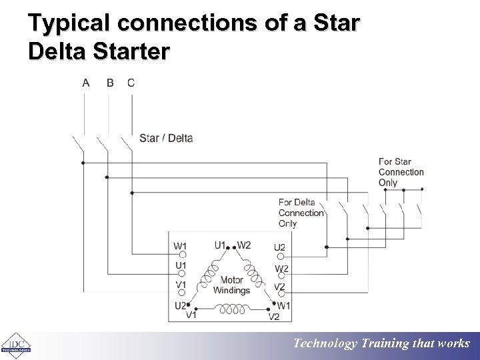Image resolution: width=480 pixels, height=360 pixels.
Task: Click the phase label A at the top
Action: [x=86, y=83]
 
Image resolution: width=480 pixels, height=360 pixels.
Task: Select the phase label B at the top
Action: [x=110, y=83]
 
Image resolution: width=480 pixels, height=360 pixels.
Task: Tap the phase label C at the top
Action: [x=131, y=83]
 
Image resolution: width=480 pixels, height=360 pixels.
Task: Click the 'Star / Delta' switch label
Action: [x=166, y=139]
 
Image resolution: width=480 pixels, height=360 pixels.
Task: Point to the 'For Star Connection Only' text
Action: [x=401, y=172]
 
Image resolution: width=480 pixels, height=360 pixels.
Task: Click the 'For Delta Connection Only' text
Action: [x=301, y=213]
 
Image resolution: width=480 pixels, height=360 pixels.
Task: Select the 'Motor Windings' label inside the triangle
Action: [x=231, y=285]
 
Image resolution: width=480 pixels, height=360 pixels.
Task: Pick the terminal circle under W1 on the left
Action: [x=180, y=254]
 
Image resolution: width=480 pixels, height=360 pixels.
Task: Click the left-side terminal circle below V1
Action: [x=180, y=293]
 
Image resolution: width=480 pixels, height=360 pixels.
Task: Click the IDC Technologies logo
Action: [x=15, y=345]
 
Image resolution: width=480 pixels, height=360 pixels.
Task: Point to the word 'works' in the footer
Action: [x=454, y=344]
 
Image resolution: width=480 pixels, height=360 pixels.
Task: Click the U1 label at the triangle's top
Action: [x=220, y=245]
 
